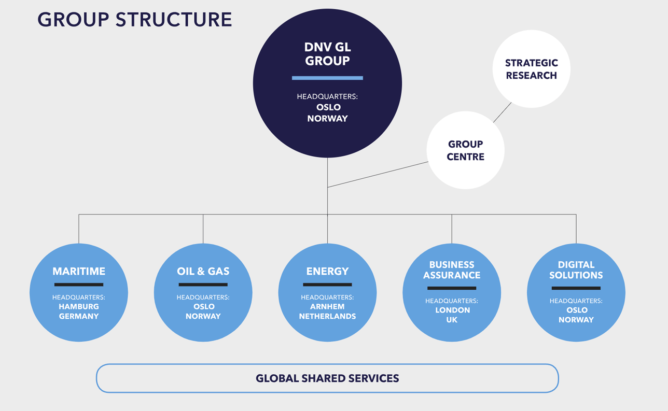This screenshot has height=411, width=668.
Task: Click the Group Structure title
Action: click(134, 20)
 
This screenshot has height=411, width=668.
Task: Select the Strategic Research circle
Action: click(531, 69)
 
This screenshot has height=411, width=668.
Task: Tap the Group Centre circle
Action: click(465, 150)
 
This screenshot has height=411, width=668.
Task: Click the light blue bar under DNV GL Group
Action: click(327, 78)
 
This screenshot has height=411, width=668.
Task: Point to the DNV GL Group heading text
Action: click(327, 54)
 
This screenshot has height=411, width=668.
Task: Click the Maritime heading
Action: click(79, 271)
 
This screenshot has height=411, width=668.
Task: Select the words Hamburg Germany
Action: click(79, 311)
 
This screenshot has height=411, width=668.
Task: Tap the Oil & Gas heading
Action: click(203, 271)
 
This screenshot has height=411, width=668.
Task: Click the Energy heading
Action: click(327, 271)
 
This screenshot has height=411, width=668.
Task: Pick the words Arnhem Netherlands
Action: click(327, 311)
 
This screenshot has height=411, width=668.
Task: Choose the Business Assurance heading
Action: click(452, 270)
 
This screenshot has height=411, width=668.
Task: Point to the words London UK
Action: click(452, 315)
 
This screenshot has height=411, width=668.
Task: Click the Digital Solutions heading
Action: click(576, 270)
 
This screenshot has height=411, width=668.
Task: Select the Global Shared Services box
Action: click(327, 378)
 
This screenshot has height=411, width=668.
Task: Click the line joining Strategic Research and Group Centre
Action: click(502, 112)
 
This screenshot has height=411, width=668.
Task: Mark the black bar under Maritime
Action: click(79, 285)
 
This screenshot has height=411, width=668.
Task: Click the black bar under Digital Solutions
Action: click(576, 288)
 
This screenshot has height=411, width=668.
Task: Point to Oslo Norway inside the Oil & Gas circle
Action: click(203, 311)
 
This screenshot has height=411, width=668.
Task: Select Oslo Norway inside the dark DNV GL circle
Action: click(327, 113)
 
